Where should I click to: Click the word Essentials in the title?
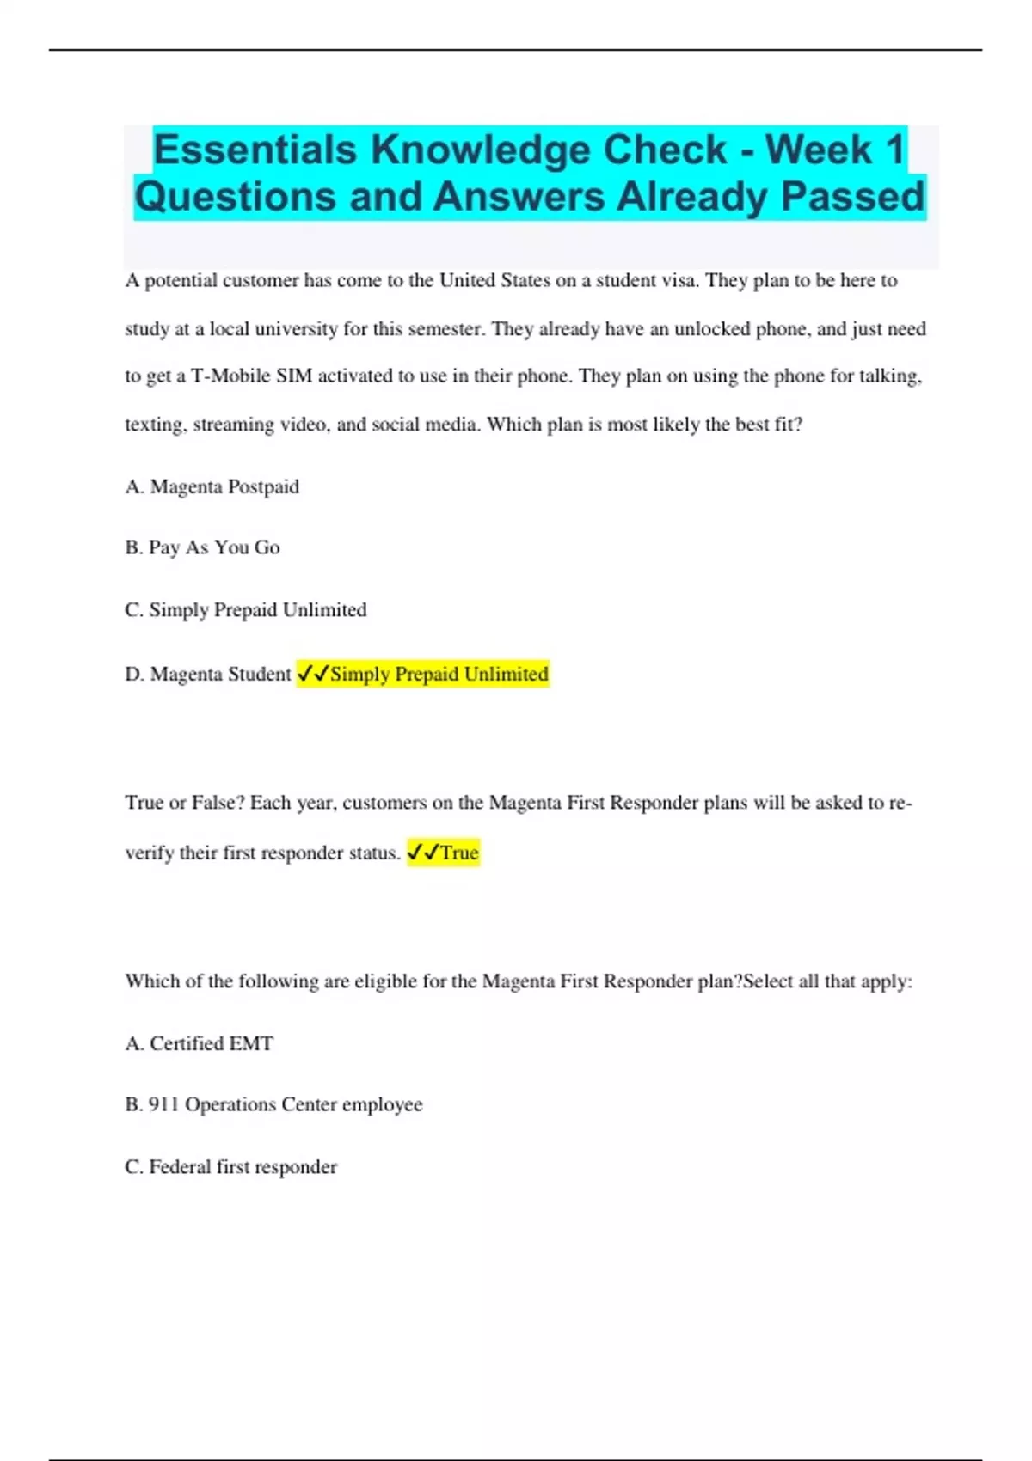(255, 150)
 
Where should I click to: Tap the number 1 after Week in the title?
(894, 150)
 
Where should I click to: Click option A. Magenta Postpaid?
(212, 487)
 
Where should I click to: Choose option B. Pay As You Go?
(202, 547)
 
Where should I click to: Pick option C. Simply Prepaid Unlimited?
(246, 610)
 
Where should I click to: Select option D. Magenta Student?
(208, 675)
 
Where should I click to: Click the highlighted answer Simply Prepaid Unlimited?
(439, 675)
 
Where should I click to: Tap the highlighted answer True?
(459, 853)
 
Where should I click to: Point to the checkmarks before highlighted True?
(422, 853)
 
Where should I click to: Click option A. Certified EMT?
(200, 1043)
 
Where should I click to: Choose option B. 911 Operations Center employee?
(273, 1104)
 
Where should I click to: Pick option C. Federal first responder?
(230, 1167)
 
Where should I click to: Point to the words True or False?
(185, 803)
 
